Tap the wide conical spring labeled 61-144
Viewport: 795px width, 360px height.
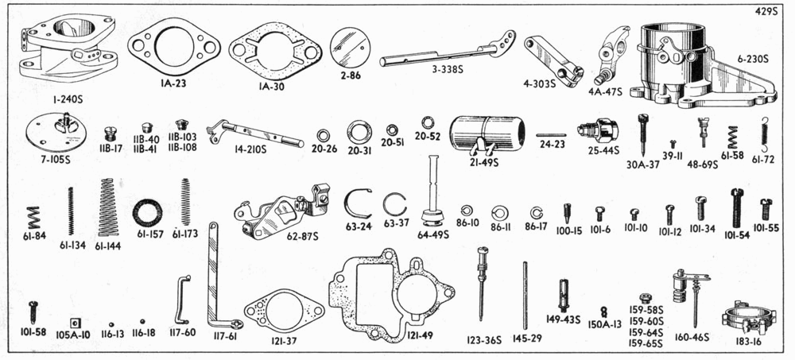click(107, 207)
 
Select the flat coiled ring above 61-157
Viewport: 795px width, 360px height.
click(148, 213)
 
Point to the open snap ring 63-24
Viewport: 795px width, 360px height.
click(357, 204)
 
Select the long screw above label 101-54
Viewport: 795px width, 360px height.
click(737, 208)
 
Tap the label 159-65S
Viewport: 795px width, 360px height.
click(646, 344)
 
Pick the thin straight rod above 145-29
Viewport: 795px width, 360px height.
click(525, 294)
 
